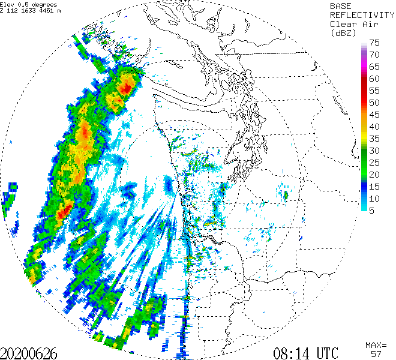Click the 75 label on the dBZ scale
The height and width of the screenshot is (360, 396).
click(x=375, y=43)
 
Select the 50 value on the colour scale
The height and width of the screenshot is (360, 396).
click(x=375, y=103)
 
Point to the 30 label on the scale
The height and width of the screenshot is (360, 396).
click(x=375, y=151)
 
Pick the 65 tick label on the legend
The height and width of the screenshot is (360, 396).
click(x=375, y=67)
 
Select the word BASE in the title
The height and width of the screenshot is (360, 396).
click(x=342, y=5)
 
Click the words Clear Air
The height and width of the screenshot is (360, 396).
click(x=353, y=23)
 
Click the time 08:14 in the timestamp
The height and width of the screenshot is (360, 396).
click(x=292, y=352)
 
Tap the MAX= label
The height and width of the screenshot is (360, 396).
click(x=376, y=345)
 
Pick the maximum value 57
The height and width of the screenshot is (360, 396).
click(x=376, y=354)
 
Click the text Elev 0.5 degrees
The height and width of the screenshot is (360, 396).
click(x=29, y=4)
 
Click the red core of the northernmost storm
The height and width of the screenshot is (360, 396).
click(x=126, y=89)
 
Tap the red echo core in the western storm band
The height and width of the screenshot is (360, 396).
click(x=65, y=209)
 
